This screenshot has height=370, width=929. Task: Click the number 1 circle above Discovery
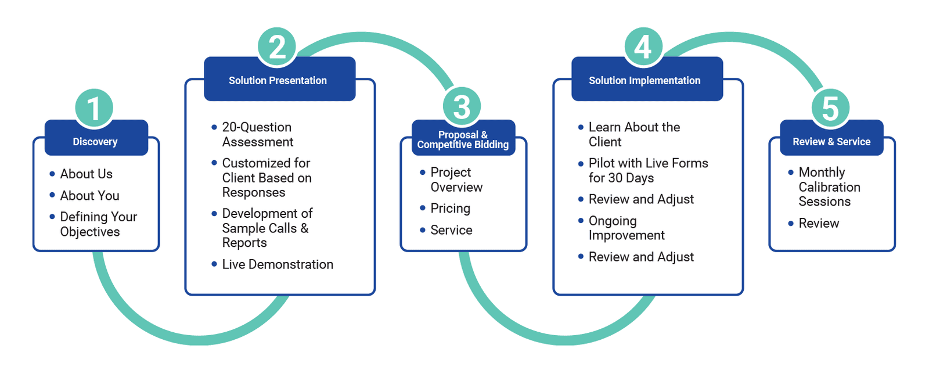point(94,109)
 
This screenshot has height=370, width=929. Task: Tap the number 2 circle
point(278,46)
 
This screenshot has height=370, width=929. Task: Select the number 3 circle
point(462,107)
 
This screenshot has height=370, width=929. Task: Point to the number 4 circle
point(643,46)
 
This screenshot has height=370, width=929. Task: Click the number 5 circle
point(831,108)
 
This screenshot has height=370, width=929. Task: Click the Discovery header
point(96,141)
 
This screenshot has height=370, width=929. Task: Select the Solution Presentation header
point(279,80)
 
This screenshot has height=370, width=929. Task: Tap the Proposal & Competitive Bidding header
point(463,139)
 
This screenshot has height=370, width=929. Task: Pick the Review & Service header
point(831,141)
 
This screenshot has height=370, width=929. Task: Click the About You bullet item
point(90,196)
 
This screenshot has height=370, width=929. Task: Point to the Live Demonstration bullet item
point(278,264)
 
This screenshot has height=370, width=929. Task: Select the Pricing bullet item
point(451,209)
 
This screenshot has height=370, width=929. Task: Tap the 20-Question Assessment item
point(258,134)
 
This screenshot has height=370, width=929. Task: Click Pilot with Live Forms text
point(648,163)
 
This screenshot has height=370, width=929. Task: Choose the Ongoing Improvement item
point(626,228)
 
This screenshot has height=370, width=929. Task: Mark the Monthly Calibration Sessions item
point(829,186)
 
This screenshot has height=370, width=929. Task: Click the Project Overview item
point(456,179)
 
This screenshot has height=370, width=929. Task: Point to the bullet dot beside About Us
point(52,174)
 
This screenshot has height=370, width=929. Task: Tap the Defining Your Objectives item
point(98,224)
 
